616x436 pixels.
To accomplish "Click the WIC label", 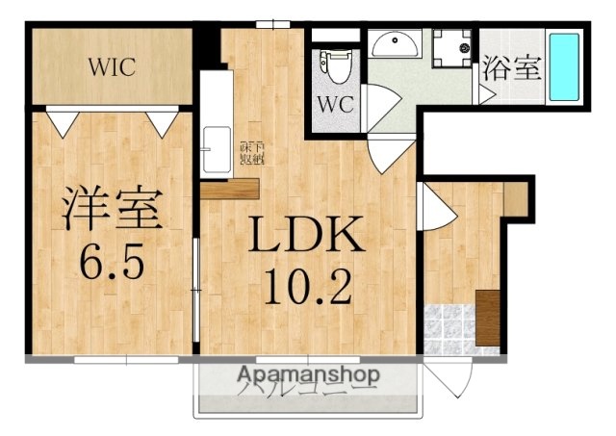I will point(113,66).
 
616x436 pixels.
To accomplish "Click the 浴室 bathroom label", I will point(510,70).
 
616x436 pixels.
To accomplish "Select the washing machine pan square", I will point(451,47).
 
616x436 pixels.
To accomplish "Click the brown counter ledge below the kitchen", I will point(232,188).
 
